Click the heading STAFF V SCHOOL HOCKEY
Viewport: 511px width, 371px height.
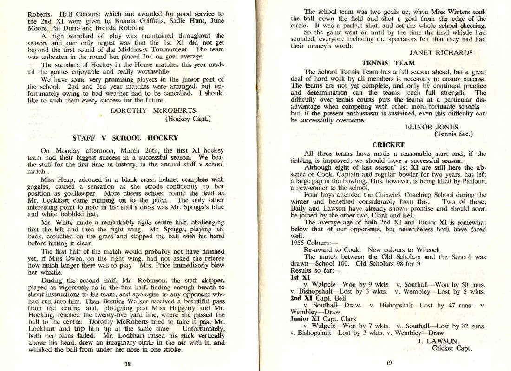click(125, 138)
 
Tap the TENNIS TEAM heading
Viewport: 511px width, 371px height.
click(385, 63)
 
